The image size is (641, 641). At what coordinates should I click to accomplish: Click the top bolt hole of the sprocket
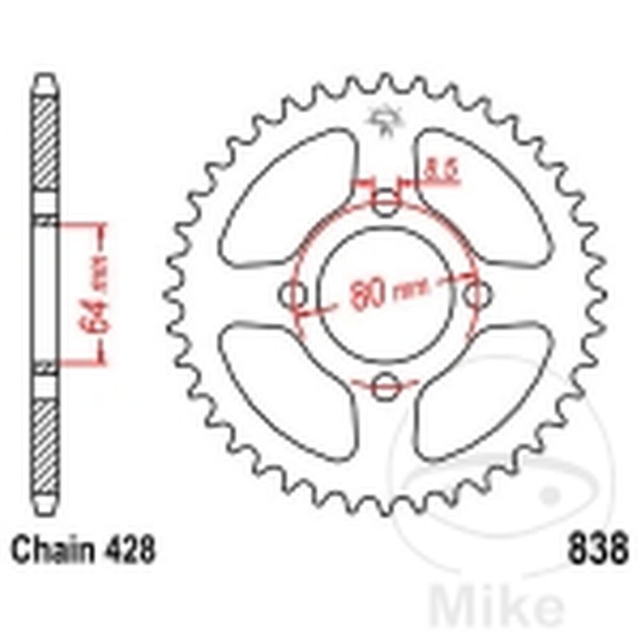[x=386, y=202]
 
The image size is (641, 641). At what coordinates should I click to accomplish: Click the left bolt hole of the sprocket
[x=297, y=295]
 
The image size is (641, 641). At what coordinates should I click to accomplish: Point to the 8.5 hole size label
[x=443, y=171]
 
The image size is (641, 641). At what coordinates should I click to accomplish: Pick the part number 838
[x=598, y=551]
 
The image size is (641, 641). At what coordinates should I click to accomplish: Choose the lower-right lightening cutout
[x=482, y=390]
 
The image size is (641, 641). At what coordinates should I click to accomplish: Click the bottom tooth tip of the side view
[x=45, y=512]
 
